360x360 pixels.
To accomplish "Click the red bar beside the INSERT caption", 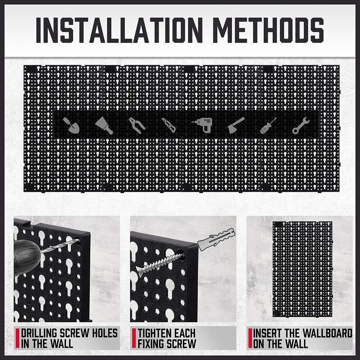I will (x=250, y=338).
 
